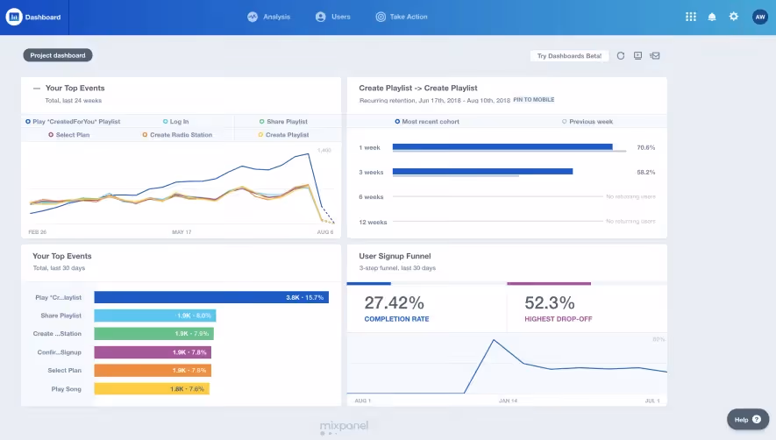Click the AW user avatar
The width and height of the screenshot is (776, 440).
point(759,17)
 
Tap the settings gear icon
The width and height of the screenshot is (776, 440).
point(734,17)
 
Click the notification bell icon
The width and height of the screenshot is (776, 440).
point(712,17)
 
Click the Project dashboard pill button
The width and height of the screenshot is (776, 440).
point(58,55)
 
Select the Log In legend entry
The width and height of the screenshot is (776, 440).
point(176,122)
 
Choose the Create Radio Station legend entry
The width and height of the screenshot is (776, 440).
point(179,135)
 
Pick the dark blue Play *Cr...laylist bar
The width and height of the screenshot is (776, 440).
point(210,297)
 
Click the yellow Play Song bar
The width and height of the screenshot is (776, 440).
point(152,388)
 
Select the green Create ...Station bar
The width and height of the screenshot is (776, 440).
point(154,334)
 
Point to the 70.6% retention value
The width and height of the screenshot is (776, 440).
point(646,147)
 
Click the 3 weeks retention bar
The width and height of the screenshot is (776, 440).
point(482,172)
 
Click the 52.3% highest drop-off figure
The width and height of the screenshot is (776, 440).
point(550,303)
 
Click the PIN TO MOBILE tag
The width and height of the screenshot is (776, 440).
point(534,100)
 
